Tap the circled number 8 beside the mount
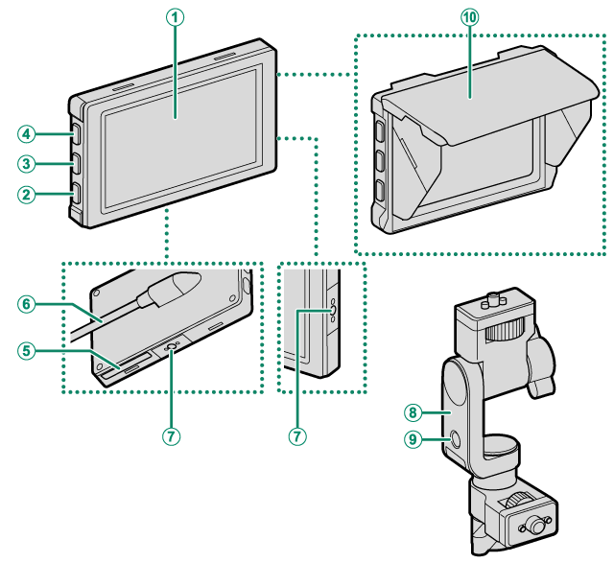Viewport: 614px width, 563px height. coord(413,411)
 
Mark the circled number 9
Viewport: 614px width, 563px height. coord(413,440)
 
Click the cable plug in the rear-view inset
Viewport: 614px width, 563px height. coord(176,289)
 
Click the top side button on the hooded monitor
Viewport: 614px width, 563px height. coord(379,129)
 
